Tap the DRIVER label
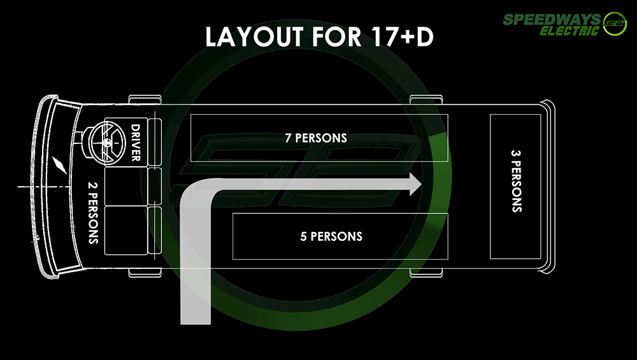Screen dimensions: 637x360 pyautogui.click(x=135, y=143)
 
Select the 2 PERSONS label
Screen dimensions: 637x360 pyautogui.click(x=93, y=213)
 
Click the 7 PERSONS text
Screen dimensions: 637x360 pyautogui.click(x=316, y=138)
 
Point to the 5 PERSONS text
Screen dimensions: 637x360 pyautogui.click(x=331, y=236)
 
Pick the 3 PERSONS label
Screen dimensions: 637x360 pyautogui.click(x=516, y=181)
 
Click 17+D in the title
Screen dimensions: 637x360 pyautogui.click(x=402, y=36)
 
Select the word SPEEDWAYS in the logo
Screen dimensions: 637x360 pyautogui.click(x=552, y=19)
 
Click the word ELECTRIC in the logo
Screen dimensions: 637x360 pyautogui.click(x=569, y=31)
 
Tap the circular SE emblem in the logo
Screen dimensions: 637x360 pyautogui.click(x=615, y=24)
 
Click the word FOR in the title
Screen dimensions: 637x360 pyautogui.click(x=337, y=36)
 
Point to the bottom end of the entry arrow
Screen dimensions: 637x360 pyautogui.click(x=196, y=324)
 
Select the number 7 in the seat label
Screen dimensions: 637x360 pyautogui.click(x=288, y=138)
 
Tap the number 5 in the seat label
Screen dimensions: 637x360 pyautogui.click(x=303, y=236)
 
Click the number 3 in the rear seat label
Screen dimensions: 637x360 pyautogui.click(x=516, y=153)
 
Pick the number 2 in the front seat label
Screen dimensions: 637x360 pyautogui.click(x=93, y=185)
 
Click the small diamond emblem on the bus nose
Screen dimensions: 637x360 pyautogui.click(x=59, y=166)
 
